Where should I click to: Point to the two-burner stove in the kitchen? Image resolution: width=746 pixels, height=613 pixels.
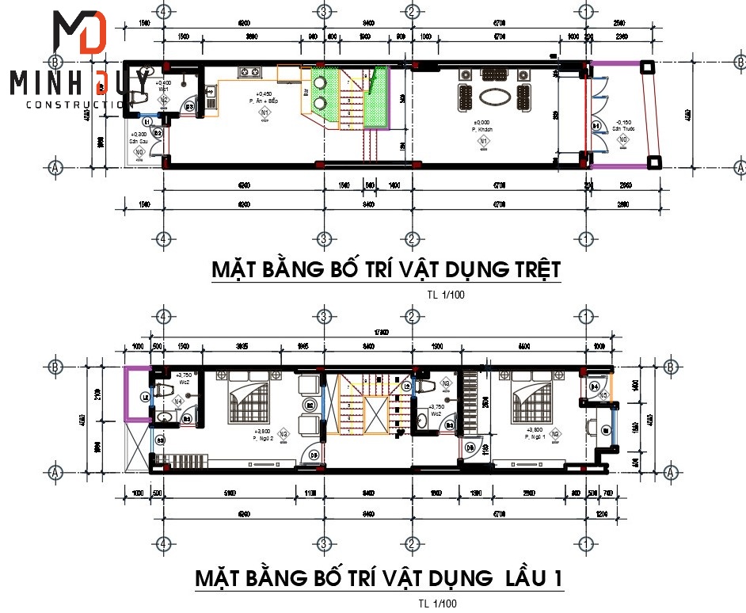251,73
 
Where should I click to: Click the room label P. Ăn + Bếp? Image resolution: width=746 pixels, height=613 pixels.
264,102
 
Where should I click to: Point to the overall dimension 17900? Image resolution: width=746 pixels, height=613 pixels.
382,333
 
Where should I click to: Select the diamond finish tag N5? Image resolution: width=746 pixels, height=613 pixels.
603,394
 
